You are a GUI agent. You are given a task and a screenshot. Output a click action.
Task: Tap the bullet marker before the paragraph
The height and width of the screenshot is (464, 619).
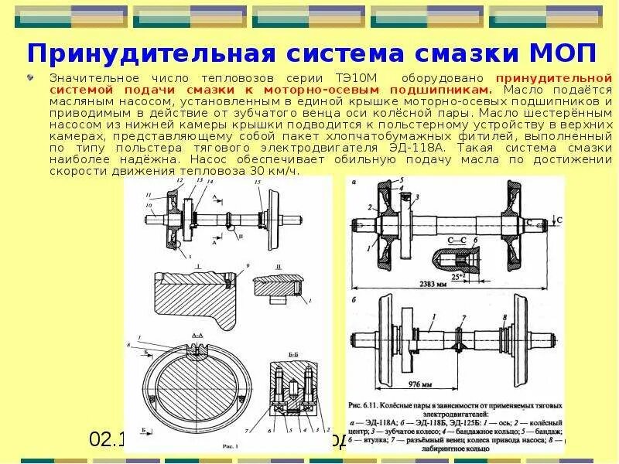pos(30,78)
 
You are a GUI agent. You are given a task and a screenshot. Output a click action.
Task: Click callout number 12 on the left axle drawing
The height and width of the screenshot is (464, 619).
pos(180,179)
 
